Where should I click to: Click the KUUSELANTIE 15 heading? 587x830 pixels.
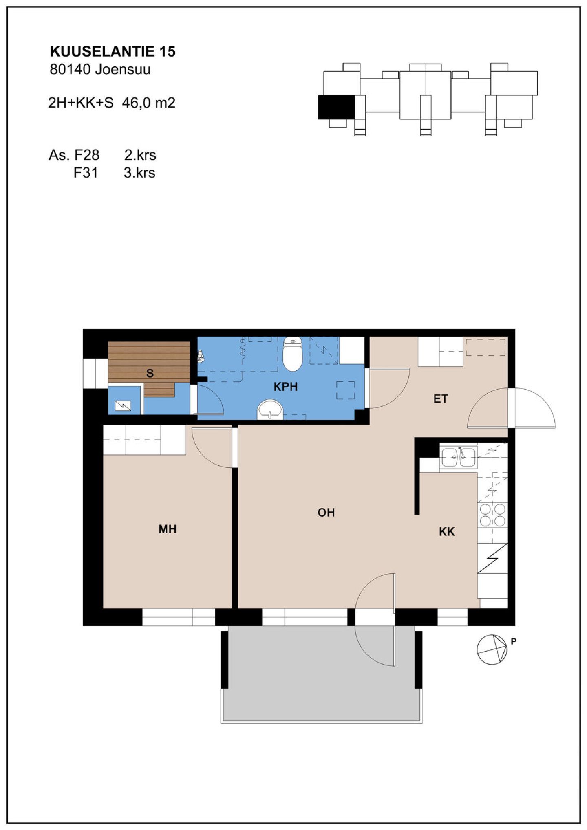coord(113,51)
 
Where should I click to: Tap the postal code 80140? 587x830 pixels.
coord(70,69)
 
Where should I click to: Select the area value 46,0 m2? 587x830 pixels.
coord(148,103)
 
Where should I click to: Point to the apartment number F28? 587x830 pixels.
coord(86,155)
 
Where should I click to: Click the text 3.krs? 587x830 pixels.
coord(139,173)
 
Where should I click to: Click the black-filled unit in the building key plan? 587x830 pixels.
coord(336,107)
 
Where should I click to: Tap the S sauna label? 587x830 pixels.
coord(150,373)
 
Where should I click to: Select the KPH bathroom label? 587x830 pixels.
coord(285,387)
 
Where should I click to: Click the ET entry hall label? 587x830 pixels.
coord(441,398)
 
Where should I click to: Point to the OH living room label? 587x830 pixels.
coord(326,512)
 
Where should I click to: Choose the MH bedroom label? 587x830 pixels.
coord(168,529)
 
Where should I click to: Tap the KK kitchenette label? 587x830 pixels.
coord(447,531)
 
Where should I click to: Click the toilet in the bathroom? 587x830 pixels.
coord(292,353)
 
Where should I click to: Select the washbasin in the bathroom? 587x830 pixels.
coord(270,409)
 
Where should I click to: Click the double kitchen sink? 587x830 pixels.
coord(459,457)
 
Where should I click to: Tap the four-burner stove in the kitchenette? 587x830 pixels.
coord(492,515)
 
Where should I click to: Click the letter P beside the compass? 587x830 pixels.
coord(514,641)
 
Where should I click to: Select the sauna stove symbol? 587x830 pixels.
coord(123,405)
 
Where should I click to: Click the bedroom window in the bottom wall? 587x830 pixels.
coord(179,617)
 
